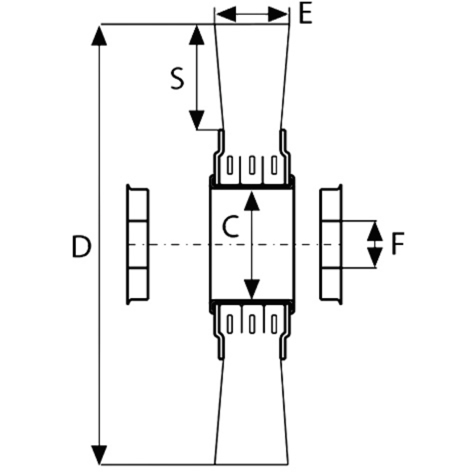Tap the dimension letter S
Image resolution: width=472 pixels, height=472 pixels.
[177, 79]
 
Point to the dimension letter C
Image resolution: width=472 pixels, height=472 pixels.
[231, 227]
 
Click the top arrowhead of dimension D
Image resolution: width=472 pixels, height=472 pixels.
[99, 36]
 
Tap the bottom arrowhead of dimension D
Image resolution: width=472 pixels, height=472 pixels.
[99, 454]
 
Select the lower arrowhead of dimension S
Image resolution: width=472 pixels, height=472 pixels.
[197, 119]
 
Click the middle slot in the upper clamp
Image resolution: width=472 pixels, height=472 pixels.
[252, 165]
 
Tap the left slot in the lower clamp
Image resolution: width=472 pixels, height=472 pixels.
[230, 324]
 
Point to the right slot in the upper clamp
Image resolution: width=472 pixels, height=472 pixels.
[274, 165]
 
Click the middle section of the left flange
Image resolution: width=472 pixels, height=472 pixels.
[138, 245]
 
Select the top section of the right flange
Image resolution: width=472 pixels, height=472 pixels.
[330, 205]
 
